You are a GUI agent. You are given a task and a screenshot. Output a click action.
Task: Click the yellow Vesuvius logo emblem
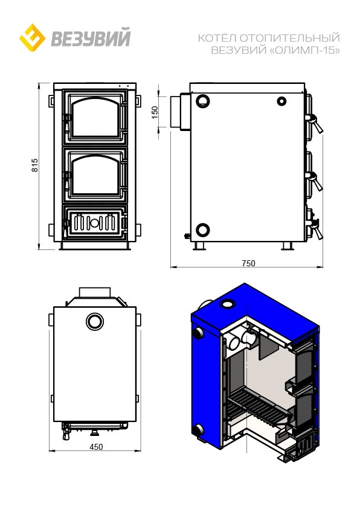(x=32, y=37)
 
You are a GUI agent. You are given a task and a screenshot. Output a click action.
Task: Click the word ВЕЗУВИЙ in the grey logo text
(x=91, y=37)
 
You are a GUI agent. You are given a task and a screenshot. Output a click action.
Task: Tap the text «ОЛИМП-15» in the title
(x=305, y=50)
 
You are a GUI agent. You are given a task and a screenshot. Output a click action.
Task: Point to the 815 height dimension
(x=35, y=165)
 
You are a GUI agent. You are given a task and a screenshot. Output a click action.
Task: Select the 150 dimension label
(x=155, y=112)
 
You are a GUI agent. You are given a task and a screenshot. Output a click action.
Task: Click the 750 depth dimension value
(x=248, y=263)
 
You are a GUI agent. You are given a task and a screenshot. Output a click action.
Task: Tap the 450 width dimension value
(x=96, y=447)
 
